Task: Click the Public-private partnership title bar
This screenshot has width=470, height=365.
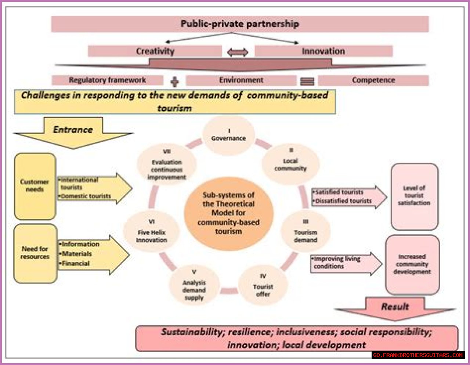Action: (240, 24)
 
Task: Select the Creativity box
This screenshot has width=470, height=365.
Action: (155, 51)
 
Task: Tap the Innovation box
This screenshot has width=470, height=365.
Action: (323, 51)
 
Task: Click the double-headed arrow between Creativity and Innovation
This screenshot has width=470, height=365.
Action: (238, 52)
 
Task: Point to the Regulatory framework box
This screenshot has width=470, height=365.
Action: (107, 80)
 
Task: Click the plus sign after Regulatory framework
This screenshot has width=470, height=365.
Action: (175, 82)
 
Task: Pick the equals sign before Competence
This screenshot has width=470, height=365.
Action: (307, 82)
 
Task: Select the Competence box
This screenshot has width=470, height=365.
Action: (373, 80)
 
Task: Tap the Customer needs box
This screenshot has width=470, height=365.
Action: (35, 186)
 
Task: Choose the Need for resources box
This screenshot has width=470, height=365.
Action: (35, 253)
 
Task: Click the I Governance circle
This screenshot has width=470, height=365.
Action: (229, 135)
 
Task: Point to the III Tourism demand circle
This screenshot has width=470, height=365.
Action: (305, 232)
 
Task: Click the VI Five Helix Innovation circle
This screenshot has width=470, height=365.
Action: (151, 232)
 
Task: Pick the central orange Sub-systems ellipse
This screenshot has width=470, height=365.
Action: (228, 213)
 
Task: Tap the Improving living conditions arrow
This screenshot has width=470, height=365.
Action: (345, 263)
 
